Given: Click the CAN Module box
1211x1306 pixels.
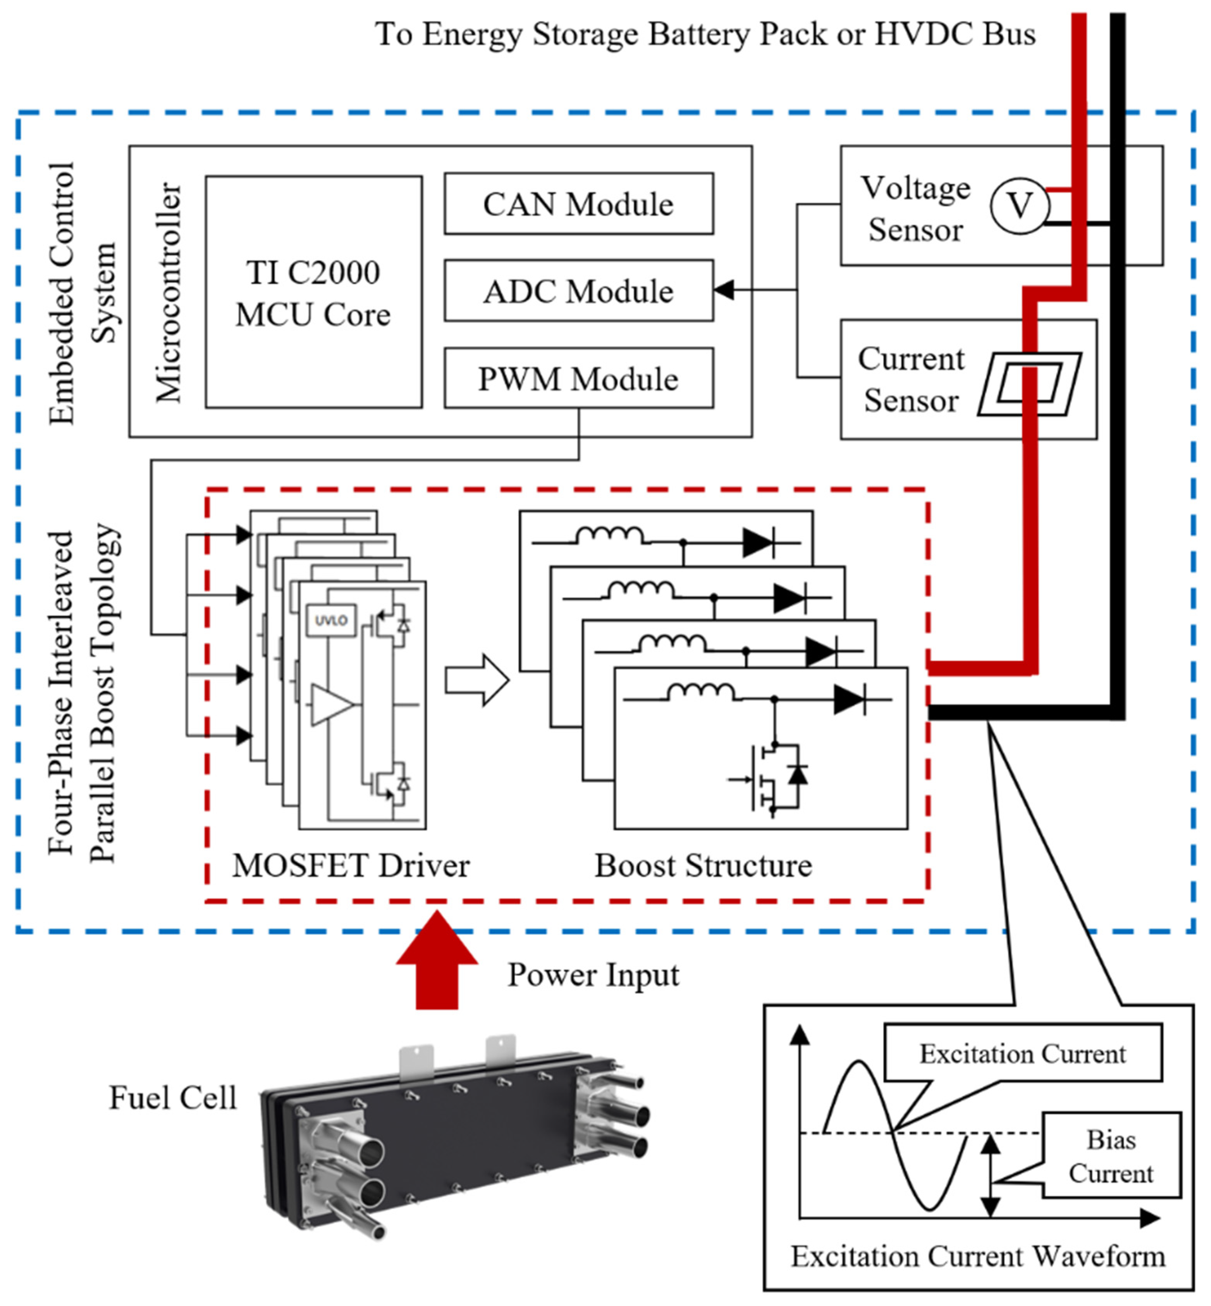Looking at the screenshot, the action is (x=579, y=204).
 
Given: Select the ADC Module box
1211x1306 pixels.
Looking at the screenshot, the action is (x=579, y=290).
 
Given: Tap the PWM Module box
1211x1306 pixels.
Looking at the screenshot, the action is (x=579, y=378).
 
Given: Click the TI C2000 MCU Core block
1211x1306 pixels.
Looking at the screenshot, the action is (x=313, y=292).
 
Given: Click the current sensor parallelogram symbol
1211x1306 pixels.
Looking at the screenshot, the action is (x=1029, y=385).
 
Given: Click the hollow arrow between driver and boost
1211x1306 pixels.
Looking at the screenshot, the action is (x=477, y=680).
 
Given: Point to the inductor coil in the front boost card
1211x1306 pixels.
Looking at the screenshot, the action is (x=700, y=692).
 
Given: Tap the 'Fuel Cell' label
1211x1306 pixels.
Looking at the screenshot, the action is (x=172, y=1098).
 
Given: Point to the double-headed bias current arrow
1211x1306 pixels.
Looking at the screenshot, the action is (x=991, y=1175).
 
